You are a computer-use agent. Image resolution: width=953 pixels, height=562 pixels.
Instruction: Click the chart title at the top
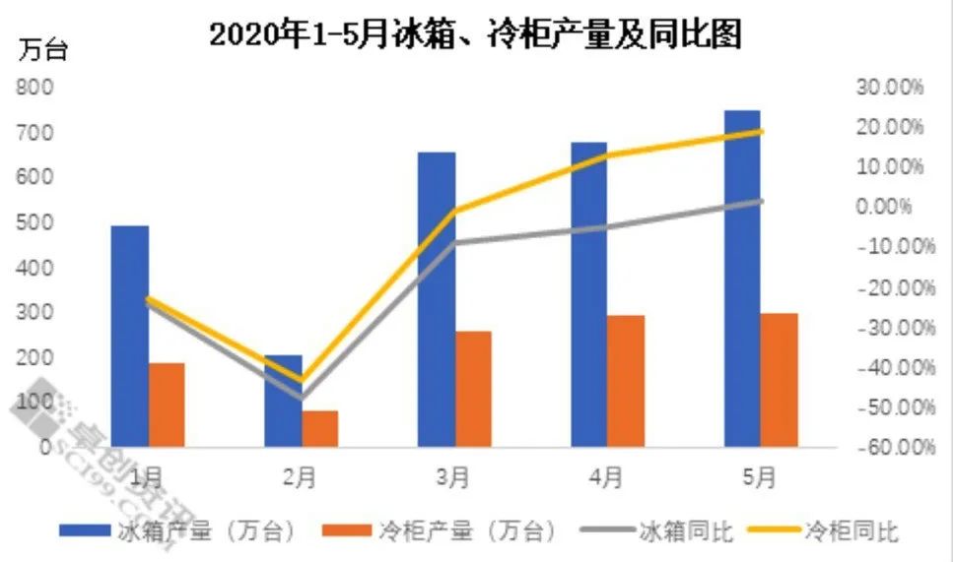click(x=475, y=36)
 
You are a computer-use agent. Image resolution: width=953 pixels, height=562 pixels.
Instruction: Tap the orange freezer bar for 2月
click(x=319, y=428)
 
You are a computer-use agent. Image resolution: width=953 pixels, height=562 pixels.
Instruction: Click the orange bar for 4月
click(x=627, y=381)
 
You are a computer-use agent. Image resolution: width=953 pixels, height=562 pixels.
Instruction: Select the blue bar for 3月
click(x=436, y=299)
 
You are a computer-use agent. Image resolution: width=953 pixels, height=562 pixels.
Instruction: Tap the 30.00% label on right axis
click(x=890, y=87)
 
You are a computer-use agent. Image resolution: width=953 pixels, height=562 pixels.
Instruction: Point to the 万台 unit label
click(x=44, y=50)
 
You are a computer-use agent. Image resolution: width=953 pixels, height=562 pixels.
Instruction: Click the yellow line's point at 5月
click(x=761, y=131)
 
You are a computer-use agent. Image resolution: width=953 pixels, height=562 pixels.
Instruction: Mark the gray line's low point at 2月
click(x=301, y=399)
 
